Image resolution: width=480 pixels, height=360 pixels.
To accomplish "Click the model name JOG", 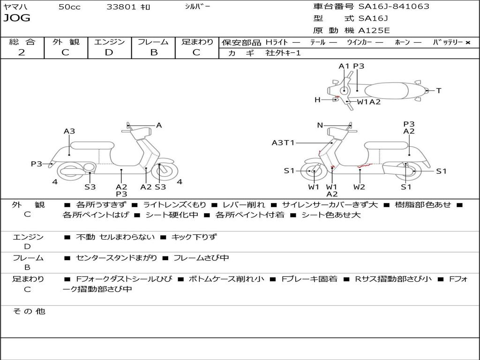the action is click(x=16, y=18).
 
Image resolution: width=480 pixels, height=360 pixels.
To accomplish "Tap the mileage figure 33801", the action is click(x=121, y=7).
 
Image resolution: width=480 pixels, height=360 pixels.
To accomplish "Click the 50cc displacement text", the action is click(x=69, y=7).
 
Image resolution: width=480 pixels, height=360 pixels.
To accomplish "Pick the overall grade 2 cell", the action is click(x=22, y=52).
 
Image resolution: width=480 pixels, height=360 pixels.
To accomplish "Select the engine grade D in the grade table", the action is click(x=109, y=52).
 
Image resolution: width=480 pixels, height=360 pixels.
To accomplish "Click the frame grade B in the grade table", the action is click(x=154, y=52).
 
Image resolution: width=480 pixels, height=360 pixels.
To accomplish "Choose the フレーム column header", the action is click(x=153, y=42).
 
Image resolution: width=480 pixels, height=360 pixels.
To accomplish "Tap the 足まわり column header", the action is click(x=197, y=42).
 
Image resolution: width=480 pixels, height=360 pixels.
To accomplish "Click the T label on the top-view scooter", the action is click(x=439, y=90).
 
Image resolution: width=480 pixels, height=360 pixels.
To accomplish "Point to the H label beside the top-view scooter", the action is click(x=317, y=99).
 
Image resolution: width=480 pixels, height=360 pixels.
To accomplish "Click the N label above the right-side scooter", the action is click(x=320, y=125).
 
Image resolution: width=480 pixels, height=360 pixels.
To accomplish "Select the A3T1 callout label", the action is click(x=283, y=142).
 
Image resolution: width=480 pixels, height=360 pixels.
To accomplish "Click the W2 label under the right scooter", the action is click(x=360, y=187).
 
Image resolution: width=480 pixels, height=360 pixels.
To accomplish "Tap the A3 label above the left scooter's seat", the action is click(x=69, y=131).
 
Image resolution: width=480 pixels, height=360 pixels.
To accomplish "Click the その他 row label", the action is click(x=29, y=311).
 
